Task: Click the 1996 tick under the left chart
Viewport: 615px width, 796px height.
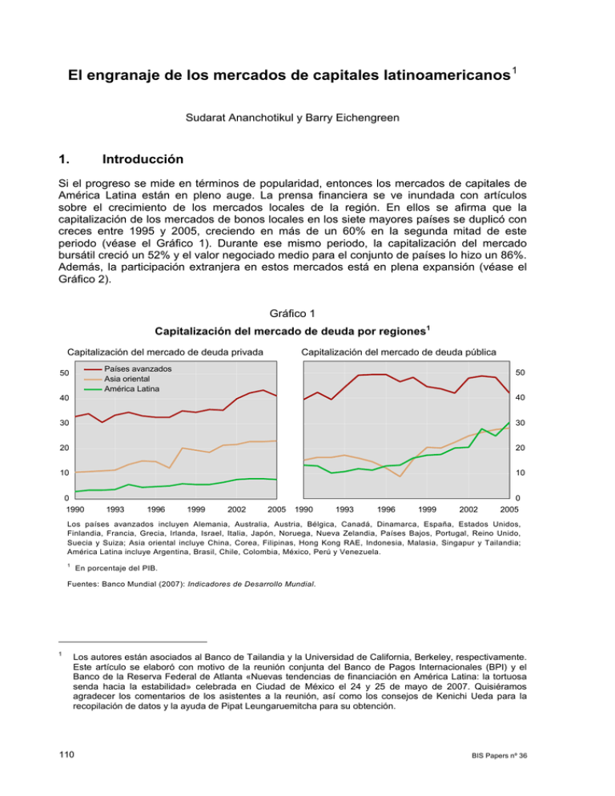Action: (x=156, y=509)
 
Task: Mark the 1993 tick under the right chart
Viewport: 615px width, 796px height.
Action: (x=345, y=509)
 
